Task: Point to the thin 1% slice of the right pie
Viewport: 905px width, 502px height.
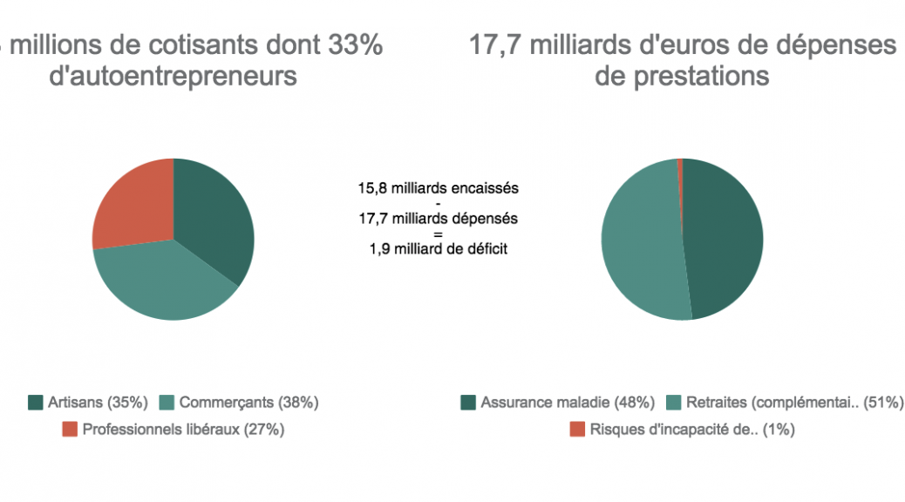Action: (679, 165)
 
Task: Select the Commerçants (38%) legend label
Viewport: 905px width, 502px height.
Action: (248, 403)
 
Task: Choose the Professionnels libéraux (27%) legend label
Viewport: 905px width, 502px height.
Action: (183, 429)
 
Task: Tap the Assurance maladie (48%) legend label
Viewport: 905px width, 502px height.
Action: (568, 403)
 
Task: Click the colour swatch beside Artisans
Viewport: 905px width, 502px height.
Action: (36, 403)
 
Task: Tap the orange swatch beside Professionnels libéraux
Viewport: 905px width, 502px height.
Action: (70, 429)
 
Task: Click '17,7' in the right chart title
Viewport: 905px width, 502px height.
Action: (495, 45)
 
